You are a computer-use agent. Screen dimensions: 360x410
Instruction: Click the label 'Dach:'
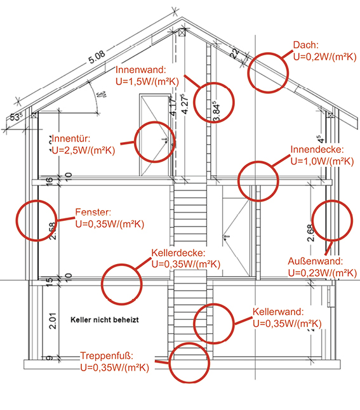pyautogui.click(x=306, y=45)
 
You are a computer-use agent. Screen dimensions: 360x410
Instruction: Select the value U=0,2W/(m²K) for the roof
pyautogui.click(x=324, y=56)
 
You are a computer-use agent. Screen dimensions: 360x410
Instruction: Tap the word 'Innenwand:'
pyautogui.click(x=141, y=70)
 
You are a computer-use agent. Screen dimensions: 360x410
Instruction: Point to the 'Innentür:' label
pyautogui.click(x=71, y=138)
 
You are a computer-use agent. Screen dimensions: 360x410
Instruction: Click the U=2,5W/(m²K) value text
pyautogui.click(x=83, y=150)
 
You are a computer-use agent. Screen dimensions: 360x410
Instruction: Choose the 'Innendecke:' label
pyautogui.click(x=317, y=150)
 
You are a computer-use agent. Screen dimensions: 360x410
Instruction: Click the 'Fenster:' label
pyautogui.click(x=93, y=212)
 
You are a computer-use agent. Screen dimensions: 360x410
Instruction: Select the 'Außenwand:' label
pyautogui.click(x=316, y=261)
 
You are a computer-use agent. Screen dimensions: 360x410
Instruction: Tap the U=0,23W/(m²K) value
pyautogui.click(x=323, y=273)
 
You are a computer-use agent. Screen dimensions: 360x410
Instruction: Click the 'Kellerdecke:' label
pyautogui.click(x=178, y=253)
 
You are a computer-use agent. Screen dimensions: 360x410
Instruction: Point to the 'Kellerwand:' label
pyautogui.click(x=278, y=312)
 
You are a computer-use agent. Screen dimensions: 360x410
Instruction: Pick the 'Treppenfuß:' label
pyautogui.click(x=107, y=356)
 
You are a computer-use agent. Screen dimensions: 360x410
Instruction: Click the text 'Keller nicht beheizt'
pyautogui.click(x=105, y=320)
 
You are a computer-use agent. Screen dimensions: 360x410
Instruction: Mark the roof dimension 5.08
pyautogui.click(x=97, y=57)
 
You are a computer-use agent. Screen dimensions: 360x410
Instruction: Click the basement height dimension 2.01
pyautogui.click(x=53, y=321)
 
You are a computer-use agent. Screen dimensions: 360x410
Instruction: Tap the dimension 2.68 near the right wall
pyautogui.click(x=310, y=233)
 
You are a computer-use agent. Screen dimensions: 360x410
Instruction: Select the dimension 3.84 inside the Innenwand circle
pyautogui.click(x=217, y=112)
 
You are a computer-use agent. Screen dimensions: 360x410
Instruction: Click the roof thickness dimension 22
pyautogui.click(x=235, y=53)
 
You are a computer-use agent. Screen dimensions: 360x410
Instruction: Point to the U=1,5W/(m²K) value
pyautogui.click(x=147, y=82)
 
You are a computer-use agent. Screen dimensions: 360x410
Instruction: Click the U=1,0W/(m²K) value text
pyautogui.click(x=323, y=161)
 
